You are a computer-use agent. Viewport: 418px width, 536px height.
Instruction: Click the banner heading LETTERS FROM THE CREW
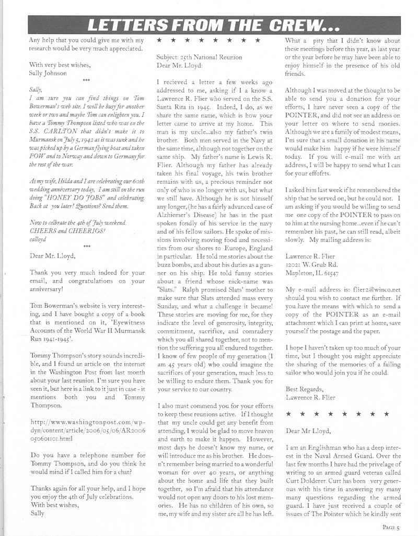coord(214,25)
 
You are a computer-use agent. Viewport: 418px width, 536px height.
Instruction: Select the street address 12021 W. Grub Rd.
coord(311,264)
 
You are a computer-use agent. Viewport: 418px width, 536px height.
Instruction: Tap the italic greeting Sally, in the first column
coord(36,89)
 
